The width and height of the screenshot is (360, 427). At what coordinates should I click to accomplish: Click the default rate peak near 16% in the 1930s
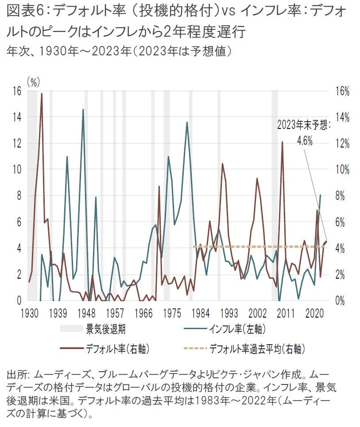pos(42,93)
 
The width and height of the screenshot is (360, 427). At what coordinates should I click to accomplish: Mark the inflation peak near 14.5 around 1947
pos(83,109)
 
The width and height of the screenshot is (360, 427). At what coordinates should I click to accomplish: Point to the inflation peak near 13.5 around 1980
pos(187,122)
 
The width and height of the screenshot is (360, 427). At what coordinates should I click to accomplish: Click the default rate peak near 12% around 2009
pos(282,142)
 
